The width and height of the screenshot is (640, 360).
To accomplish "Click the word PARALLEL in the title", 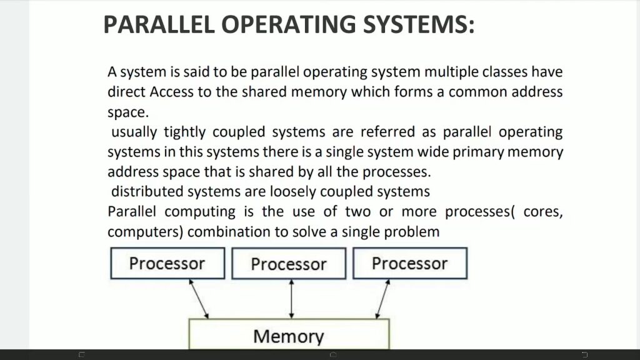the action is pyautogui.click(x=159, y=24).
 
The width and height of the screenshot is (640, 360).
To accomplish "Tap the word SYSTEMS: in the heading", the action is pyautogui.click(x=419, y=24).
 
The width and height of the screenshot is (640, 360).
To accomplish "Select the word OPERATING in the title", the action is pyautogui.click(x=289, y=24).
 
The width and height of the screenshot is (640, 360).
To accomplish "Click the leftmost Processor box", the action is pyautogui.click(x=167, y=263).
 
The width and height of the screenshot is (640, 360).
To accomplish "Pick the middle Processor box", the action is pyautogui.click(x=289, y=263).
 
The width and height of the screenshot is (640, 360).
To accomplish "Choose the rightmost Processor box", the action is pyautogui.click(x=410, y=263).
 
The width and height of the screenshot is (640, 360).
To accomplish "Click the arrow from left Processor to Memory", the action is pyautogui.click(x=199, y=299).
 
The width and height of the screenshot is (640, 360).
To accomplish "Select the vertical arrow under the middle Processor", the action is pyautogui.click(x=291, y=299).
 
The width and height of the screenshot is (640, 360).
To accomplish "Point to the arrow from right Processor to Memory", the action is pyautogui.click(x=382, y=299).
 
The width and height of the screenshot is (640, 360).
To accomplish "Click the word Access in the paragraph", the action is pyautogui.click(x=171, y=92).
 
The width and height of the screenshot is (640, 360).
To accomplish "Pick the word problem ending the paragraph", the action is pyautogui.click(x=412, y=232).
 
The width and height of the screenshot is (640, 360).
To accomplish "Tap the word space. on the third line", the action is pyautogui.click(x=128, y=112).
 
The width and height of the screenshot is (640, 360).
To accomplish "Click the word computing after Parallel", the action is pyautogui.click(x=200, y=212).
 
